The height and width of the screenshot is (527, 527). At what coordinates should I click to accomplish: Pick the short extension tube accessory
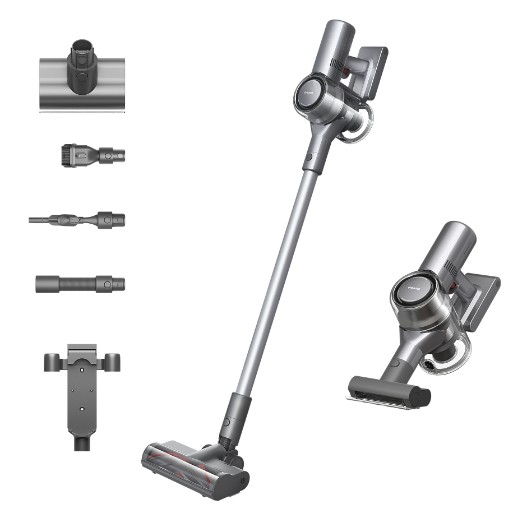(x=80, y=283)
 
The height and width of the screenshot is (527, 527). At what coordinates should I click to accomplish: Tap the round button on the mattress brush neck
(x=82, y=77)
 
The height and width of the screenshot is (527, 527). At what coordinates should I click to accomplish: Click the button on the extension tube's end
(x=107, y=284)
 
